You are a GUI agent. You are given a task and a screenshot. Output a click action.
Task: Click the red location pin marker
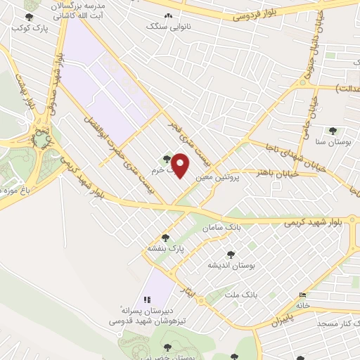[181, 166]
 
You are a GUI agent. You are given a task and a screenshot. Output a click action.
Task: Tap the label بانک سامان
[221, 229]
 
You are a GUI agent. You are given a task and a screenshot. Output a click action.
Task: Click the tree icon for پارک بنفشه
[165, 238]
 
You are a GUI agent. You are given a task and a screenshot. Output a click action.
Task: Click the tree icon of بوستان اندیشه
[231, 255]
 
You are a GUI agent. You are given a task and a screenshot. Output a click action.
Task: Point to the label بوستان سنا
[332, 142]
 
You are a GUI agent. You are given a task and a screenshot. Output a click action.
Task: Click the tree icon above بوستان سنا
[333, 131]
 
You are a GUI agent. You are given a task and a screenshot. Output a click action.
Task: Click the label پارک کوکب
[25, 29]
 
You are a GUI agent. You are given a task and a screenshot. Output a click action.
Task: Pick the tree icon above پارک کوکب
[28, 17]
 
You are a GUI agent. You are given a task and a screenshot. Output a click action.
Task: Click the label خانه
[302, 305]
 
